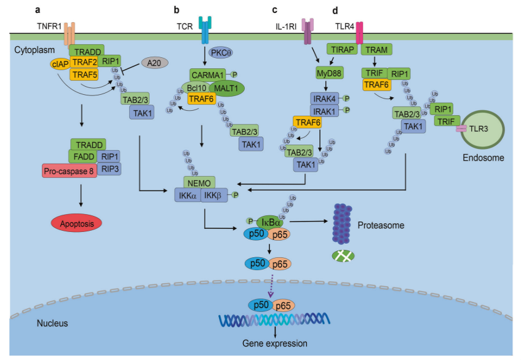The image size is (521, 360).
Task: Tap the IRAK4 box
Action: click(325, 98)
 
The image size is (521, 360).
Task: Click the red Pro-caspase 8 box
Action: click(70, 170)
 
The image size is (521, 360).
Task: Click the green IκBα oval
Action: click(270, 221)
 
